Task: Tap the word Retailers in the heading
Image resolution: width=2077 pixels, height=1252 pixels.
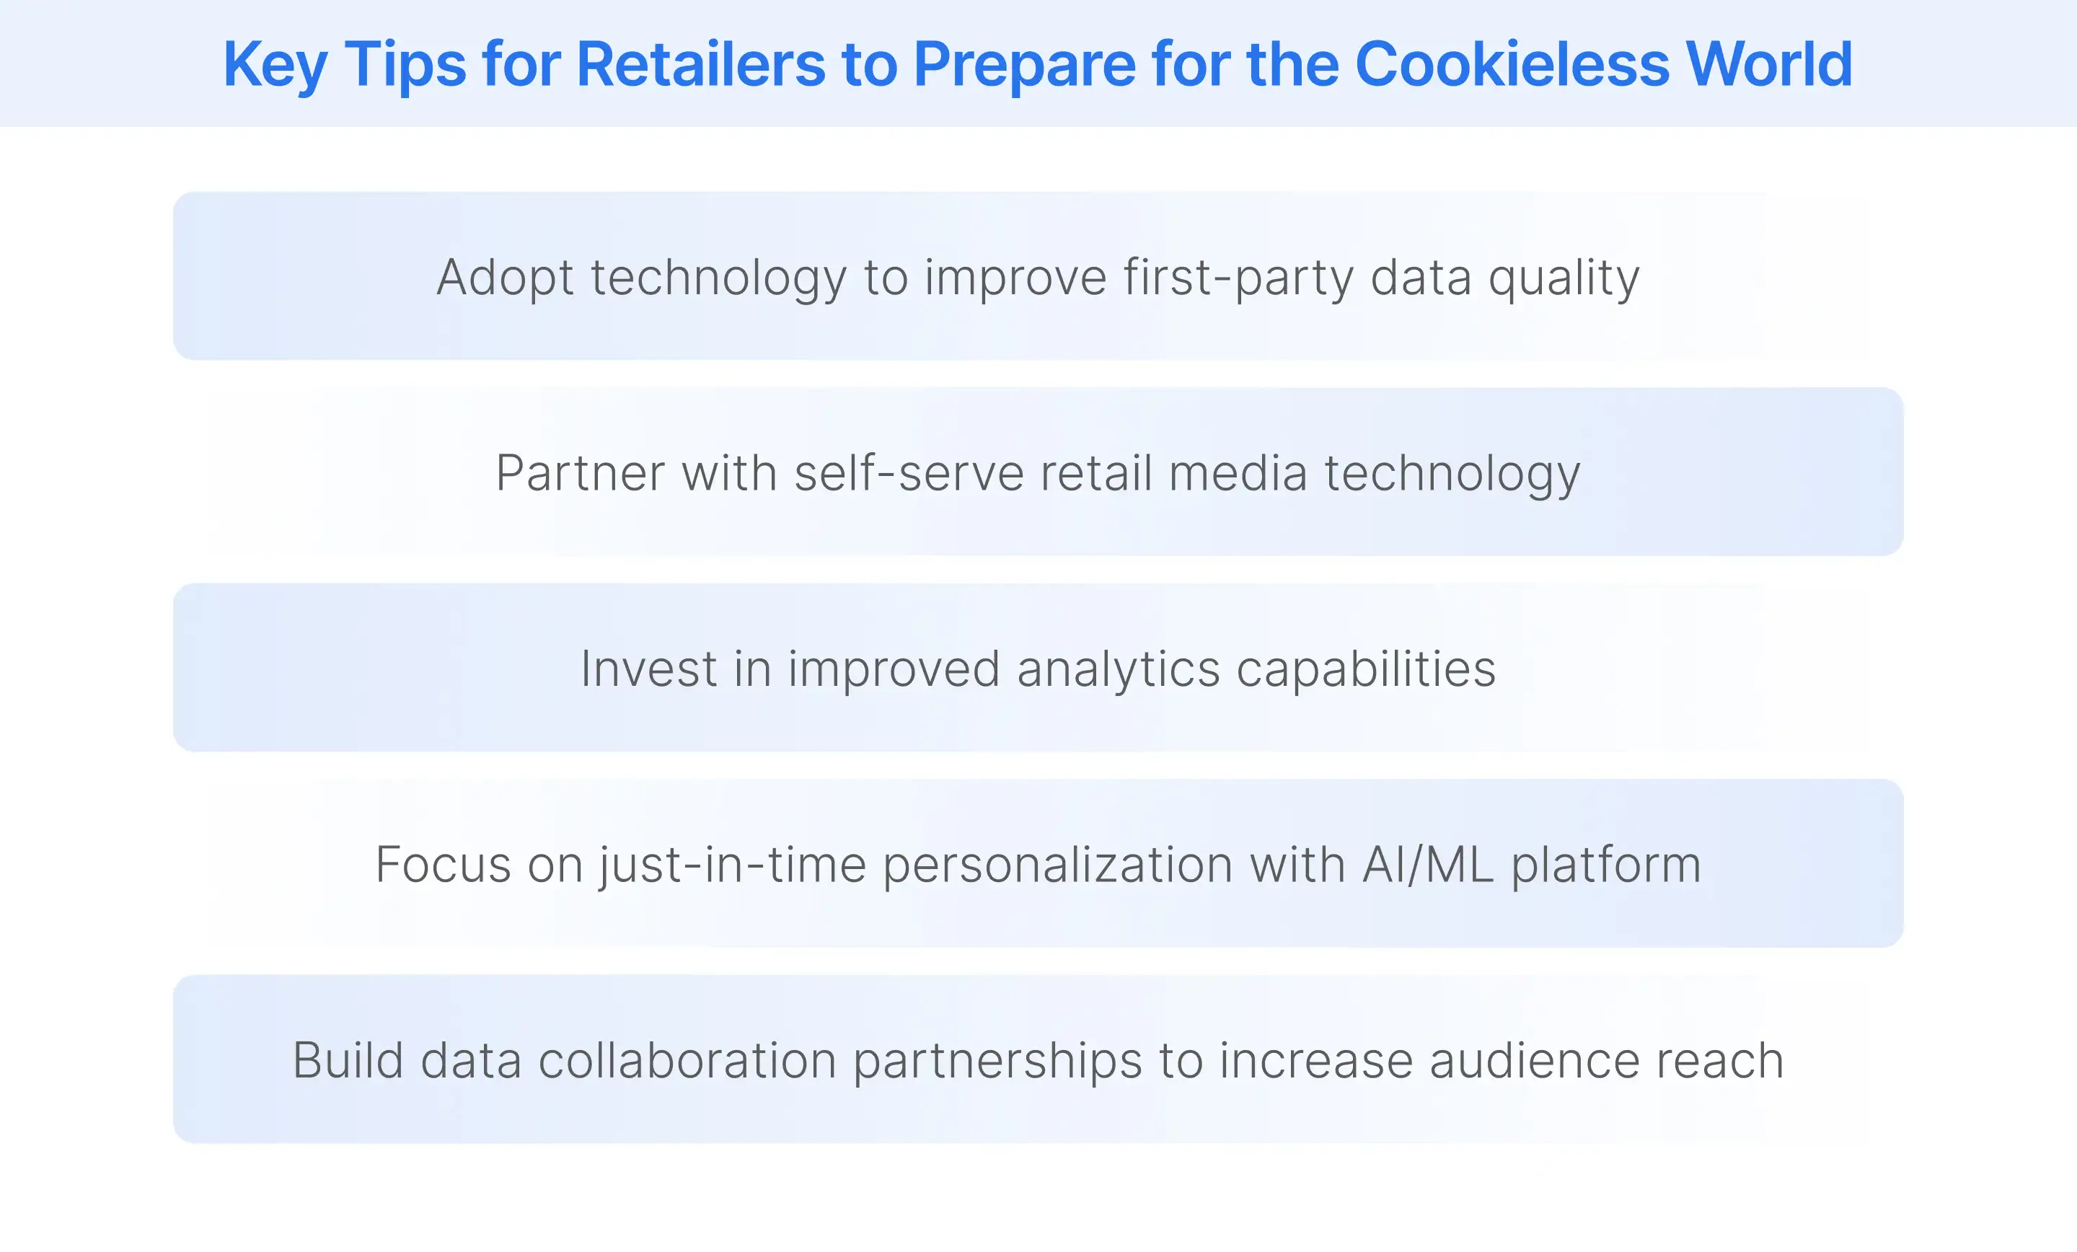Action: coord(700,64)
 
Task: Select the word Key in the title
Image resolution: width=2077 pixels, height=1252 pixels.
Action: coord(274,66)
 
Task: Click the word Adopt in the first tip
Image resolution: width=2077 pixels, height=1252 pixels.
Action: coord(505,278)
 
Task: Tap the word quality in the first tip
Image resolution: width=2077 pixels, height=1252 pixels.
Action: coord(1564,278)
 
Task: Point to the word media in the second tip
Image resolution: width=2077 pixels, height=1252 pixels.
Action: coord(1238,473)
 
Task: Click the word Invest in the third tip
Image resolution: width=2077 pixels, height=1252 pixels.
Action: coord(648,669)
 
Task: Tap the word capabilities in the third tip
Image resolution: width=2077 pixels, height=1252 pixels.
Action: coord(1366,669)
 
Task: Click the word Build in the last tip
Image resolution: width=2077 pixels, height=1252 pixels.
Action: coord(348,1061)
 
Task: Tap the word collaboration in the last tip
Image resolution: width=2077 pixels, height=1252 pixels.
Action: coord(687,1061)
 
